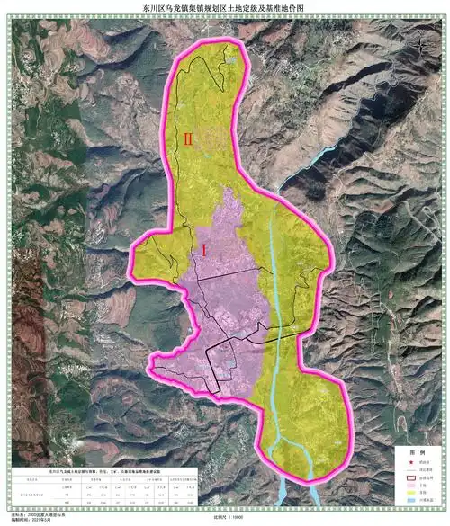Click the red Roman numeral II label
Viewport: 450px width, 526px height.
(188, 139)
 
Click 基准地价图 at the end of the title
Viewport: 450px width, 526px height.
(286, 8)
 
